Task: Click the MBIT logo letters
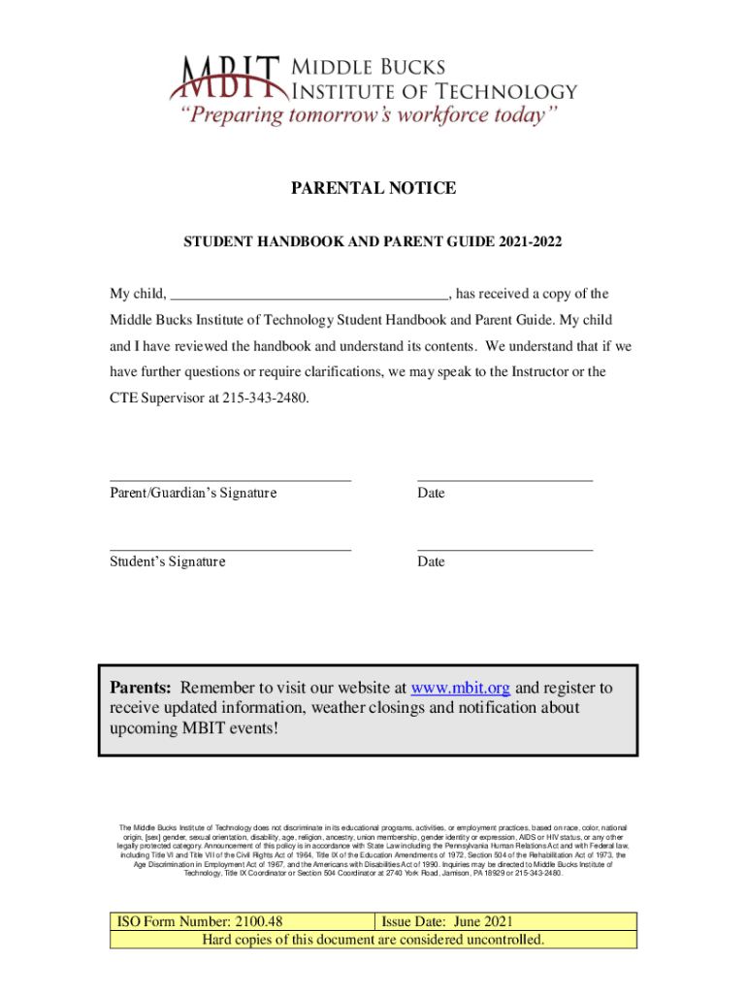pos(229,78)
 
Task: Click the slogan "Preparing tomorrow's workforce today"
pos(367,116)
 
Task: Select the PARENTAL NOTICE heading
pos(373,188)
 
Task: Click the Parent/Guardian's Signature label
pos(193,494)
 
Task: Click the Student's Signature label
pos(167,562)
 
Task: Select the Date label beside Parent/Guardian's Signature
pos(431,494)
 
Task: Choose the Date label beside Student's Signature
pos(431,562)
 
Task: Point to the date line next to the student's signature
pos(504,550)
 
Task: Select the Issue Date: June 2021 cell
pos(447,921)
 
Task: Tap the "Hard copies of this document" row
pos(373,940)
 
